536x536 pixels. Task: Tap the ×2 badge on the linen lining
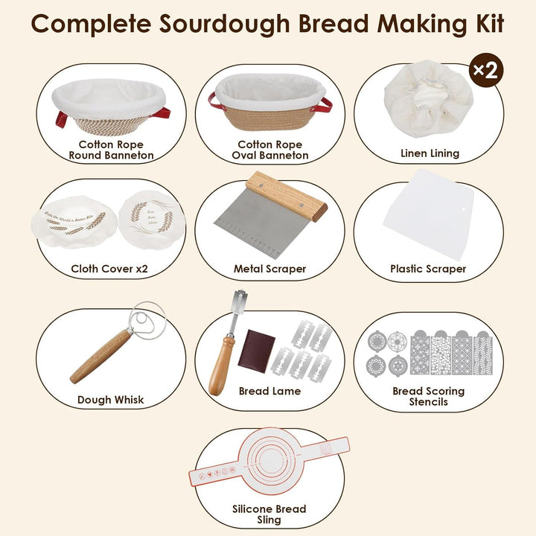485,71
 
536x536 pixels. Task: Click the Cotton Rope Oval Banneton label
269,150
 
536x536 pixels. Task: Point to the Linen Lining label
429,153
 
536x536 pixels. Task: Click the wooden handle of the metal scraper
286,196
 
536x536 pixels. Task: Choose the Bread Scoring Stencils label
428,396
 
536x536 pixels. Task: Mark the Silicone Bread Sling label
269,514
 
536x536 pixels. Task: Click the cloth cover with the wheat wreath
151,217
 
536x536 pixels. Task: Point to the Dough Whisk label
111,400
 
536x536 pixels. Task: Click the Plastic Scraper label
428,269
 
